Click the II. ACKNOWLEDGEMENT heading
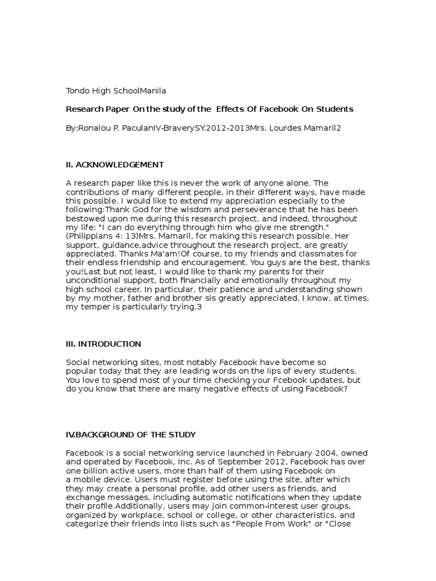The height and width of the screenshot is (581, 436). coord(115,165)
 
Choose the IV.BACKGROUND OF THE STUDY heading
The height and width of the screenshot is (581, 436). coord(131,435)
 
